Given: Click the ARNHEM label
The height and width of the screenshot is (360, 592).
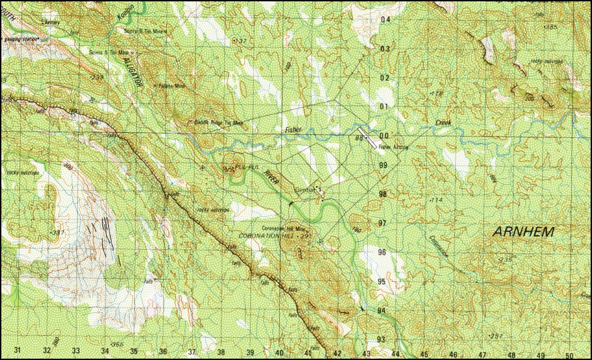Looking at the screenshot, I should pyautogui.click(x=524, y=232).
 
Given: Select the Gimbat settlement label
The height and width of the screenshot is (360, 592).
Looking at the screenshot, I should pyautogui.click(x=305, y=190).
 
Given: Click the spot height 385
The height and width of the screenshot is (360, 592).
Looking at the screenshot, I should pyautogui.click(x=550, y=27).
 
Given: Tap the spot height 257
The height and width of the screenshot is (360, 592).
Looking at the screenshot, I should pyautogui.click(x=496, y=336).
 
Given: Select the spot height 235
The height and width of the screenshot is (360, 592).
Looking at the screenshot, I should pyautogui.click(x=505, y=259).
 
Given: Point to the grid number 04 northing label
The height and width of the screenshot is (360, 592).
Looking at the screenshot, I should pyautogui.click(x=385, y=19).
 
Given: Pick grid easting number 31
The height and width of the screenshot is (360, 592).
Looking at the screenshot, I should pyautogui.click(x=17, y=351).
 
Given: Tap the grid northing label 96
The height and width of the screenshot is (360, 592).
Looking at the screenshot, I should pyautogui.click(x=383, y=252).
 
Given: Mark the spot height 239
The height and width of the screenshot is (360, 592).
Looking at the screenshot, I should pyautogui.click(x=97, y=77).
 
